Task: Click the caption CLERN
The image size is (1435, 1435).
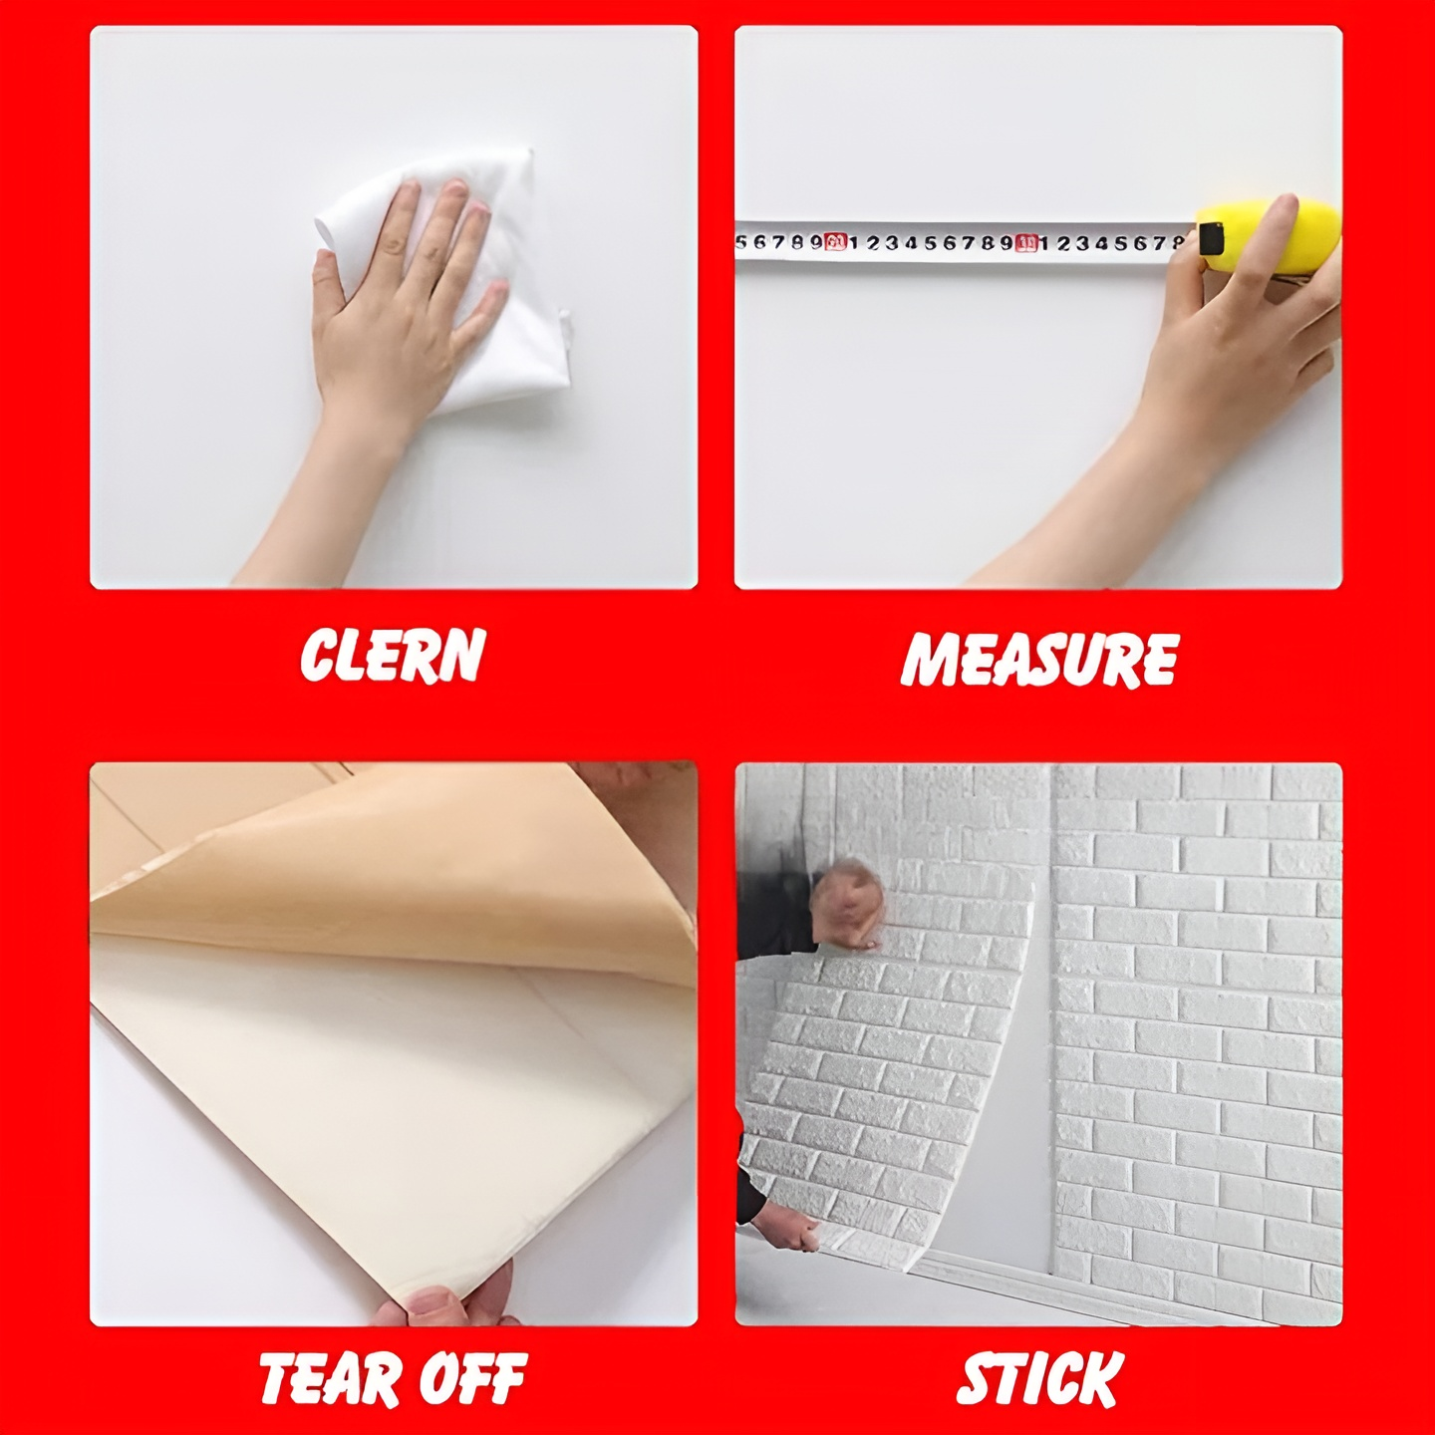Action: [393, 655]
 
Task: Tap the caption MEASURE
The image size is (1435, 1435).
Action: [1039, 659]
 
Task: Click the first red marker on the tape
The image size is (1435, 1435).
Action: [836, 241]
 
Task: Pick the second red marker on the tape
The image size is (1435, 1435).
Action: [1027, 243]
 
